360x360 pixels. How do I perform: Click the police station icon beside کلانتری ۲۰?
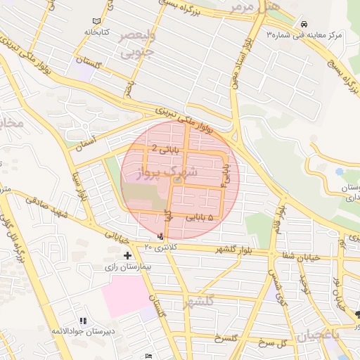pos(163,236)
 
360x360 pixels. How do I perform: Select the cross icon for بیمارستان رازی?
pos(127,255)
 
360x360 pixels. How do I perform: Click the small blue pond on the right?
pos(340,171)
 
